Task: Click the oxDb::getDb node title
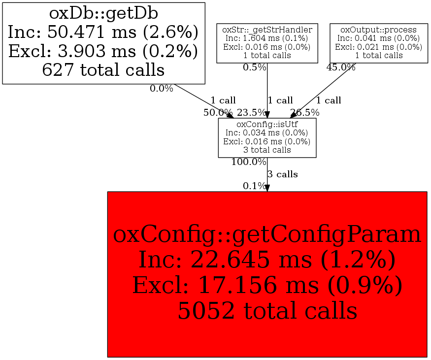coord(103,13)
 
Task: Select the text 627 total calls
coord(103,69)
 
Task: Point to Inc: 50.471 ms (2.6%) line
coord(103,32)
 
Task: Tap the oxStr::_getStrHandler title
coord(267,30)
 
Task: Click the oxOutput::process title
coord(378,30)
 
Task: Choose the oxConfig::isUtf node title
coord(267,124)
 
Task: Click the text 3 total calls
coord(267,150)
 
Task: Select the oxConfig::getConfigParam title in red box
coord(267,234)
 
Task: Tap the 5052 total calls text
coord(267,311)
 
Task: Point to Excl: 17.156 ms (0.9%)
coord(267,285)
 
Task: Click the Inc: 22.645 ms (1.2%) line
coord(267,260)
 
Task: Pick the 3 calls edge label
coord(283,174)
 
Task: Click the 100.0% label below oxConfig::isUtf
coord(249,162)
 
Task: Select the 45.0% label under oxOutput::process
coord(341,67)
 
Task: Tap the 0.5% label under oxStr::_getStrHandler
coord(255,67)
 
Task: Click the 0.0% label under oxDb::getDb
coord(162,89)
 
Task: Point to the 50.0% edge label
coord(218,112)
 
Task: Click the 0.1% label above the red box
coord(255,186)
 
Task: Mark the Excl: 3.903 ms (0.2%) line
coord(103,51)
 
